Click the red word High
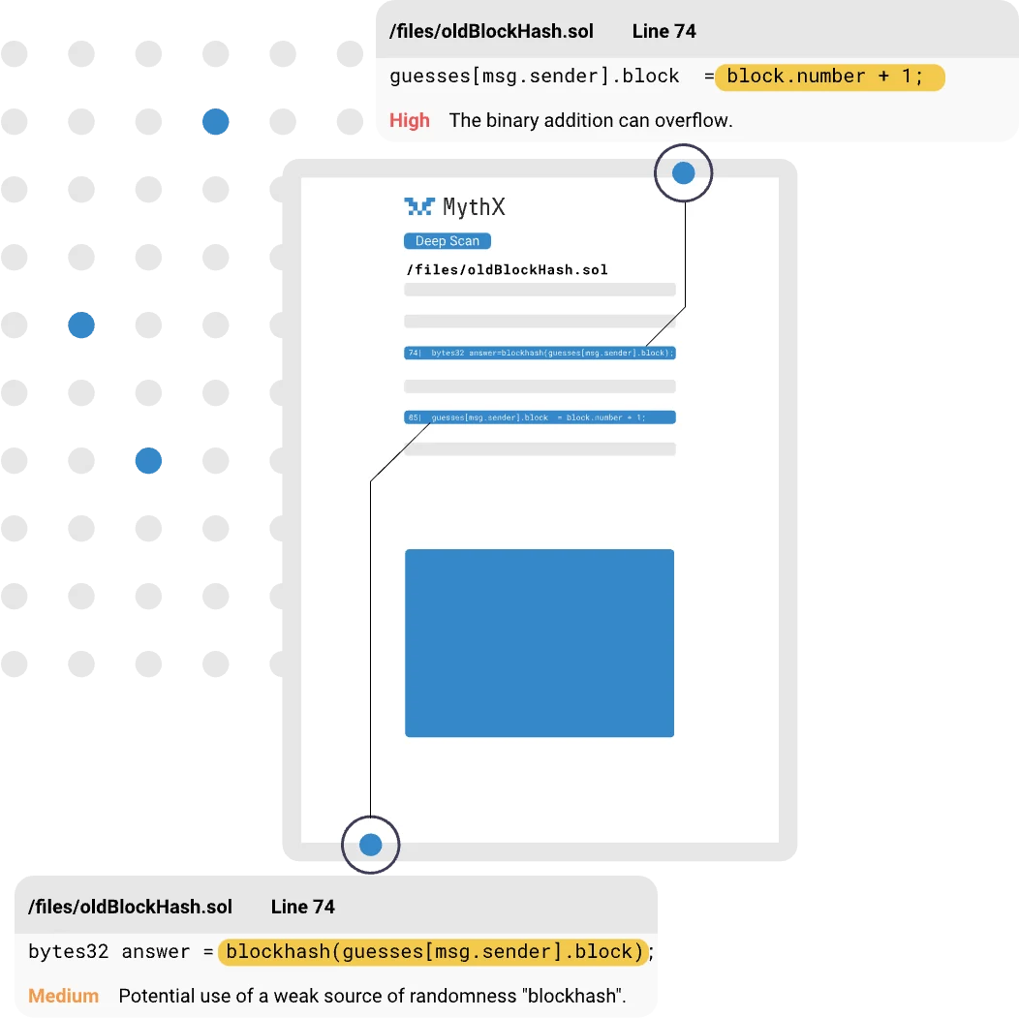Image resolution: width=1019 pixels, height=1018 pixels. pyautogui.click(x=409, y=121)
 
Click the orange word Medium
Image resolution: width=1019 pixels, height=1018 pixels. pyautogui.click(x=63, y=996)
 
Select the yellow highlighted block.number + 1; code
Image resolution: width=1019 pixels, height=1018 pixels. pyautogui.click(x=829, y=77)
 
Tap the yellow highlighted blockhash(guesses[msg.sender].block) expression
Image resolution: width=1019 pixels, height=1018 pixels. pyautogui.click(x=432, y=951)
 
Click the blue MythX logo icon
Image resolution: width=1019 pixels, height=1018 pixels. pyautogui.click(x=419, y=206)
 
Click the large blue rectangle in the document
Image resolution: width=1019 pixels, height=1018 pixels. pyautogui.click(x=539, y=643)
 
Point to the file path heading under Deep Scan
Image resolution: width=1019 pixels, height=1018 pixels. pyautogui.click(x=507, y=269)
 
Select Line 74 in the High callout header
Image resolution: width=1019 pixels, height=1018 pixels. pyautogui.click(x=664, y=31)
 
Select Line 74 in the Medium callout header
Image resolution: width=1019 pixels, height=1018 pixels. pyautogui.click(x=302, y=907)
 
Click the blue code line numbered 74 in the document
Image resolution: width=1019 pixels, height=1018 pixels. pyautogui.click(x=540, y=353)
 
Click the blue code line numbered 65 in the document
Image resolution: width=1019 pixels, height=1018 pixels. pyautogui.click(x=540, y=417)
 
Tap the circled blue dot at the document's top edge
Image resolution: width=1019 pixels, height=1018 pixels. pyautogui.click(x=683, y=173)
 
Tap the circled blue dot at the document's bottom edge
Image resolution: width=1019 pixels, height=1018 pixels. pyautogui.click(x=370, y=846)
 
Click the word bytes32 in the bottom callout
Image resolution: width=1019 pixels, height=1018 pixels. pyautogui.click(x=68, y=951)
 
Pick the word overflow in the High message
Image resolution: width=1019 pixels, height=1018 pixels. pyautogui.click(x=695, y=121)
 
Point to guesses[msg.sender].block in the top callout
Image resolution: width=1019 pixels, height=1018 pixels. pyautogui.click(x=535, y=77)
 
